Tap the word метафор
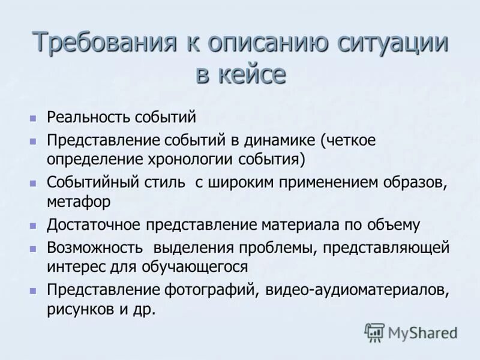[78, 202]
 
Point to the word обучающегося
[198, 266]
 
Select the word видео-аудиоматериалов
[356, 290]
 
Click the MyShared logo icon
[374, 332]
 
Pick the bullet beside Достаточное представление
[34, 226]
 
